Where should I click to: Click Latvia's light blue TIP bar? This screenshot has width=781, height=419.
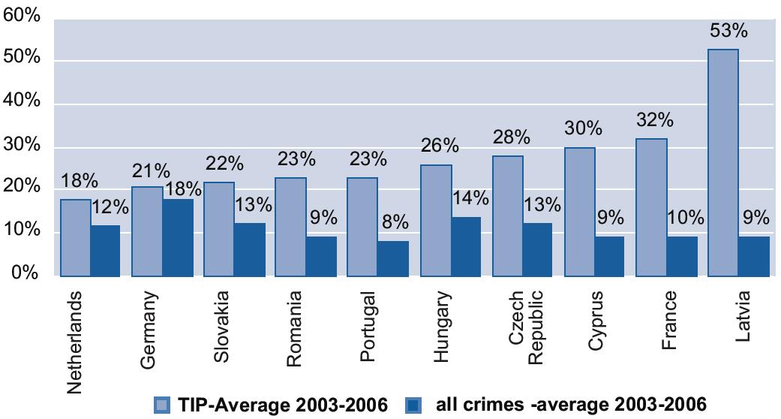[722, 163]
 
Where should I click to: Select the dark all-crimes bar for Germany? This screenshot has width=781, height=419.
[178, 238]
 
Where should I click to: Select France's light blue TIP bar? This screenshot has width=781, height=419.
[650, 207]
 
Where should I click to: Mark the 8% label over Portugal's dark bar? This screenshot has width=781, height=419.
[394, 222]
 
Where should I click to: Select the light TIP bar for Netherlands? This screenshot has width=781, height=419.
[74, 238]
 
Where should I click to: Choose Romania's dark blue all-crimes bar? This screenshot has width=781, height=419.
[322, 257]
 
